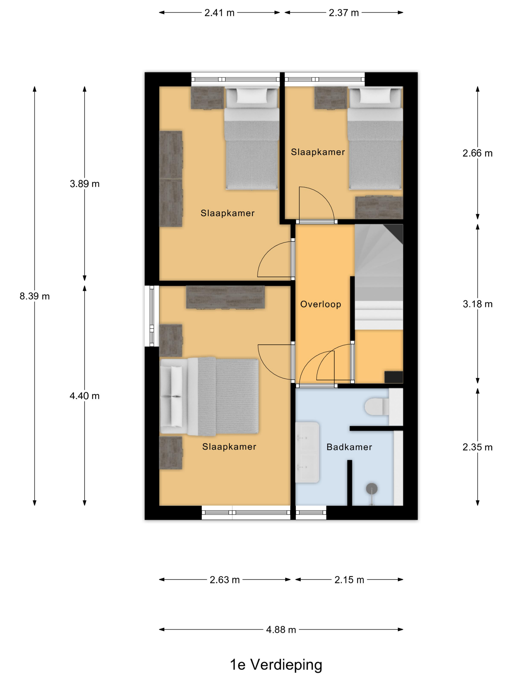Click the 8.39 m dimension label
click(x=35, y=296)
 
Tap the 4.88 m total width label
click(x=281, y=629)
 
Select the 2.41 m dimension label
click(x=219, y=13)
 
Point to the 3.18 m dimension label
click(x=477, y=304)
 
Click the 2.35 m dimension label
click(x=477, y=447)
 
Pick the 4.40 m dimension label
click(x=85, y=396)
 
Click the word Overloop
click(x=321, y=304)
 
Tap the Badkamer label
click(x=349, y=447)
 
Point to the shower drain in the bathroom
click(x=372, y=488)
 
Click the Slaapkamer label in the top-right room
click(x=318, y=152)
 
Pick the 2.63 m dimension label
click(x=225, y=580)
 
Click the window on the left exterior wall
click(x=152, y=316)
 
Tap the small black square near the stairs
click(x=394, y=377)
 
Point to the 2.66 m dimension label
click(x=477, y=153)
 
